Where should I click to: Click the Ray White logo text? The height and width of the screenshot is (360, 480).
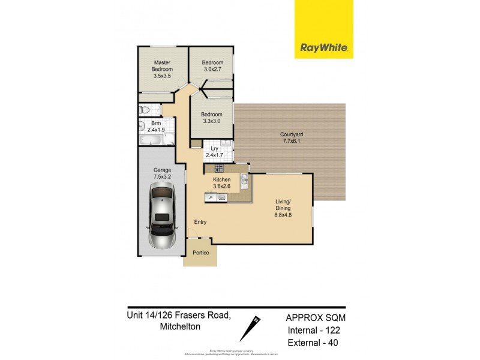coord(323,47)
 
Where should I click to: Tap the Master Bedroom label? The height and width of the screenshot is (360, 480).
coord(162,69)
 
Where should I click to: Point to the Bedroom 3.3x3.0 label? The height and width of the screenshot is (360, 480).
coord(211,118)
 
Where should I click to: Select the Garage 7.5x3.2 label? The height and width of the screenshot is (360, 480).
coord(162,173)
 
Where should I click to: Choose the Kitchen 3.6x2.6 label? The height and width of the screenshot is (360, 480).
coord(222,183)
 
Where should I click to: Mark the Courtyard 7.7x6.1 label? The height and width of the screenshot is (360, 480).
coord(290,137)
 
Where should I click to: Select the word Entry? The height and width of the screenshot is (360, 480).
coord(200,222)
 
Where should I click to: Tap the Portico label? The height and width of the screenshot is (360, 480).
coord(201,253)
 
